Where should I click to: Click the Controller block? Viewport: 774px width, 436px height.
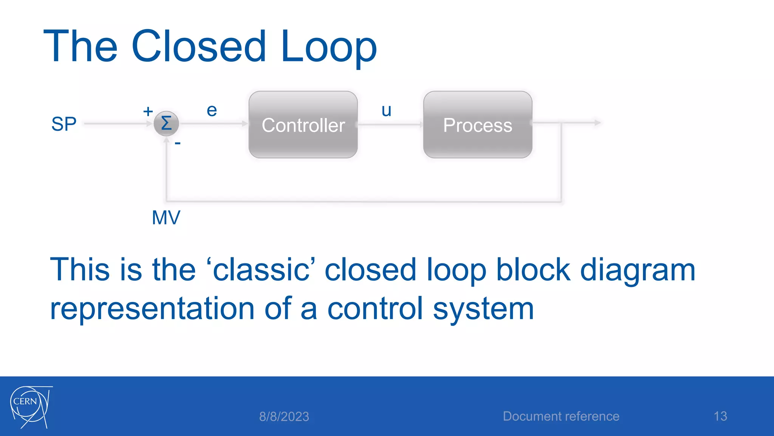pyautogui.click(x=303, y=125)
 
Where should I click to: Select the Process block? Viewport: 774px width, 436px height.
pyautogui.click(x=478, y=125)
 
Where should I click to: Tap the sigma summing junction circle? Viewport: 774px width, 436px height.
pyautogui.click(x=166, y=123)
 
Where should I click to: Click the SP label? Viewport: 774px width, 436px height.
pyautogui.click(x=64, y=124)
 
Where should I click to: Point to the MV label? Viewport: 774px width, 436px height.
pyautogui.click(x=166, y=218)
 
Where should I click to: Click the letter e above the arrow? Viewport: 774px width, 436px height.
pyautogui.click(x=212, y=111)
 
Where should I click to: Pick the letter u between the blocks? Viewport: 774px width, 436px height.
pyautogui.click(x=386, y=111)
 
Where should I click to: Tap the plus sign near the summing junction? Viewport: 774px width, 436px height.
pyautogui.click(x=148, y=111)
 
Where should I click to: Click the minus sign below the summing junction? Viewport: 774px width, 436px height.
pyautogui.click(x=178, y=143)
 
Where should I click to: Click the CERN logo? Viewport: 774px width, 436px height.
pyautogui.click(x=30, y=407)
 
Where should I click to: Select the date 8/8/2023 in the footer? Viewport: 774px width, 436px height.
pyautogui.click(x=284, y=417)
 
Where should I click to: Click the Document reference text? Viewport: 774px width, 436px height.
pyautogui.click(x=561, y=416)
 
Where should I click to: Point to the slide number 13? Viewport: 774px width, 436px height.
pyautogui.click(x=720, y=416)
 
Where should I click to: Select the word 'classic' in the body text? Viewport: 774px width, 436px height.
pyautogui.click(x=261, y=270)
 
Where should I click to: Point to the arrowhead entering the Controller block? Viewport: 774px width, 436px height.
pyautogui.click(x=245, y=123)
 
